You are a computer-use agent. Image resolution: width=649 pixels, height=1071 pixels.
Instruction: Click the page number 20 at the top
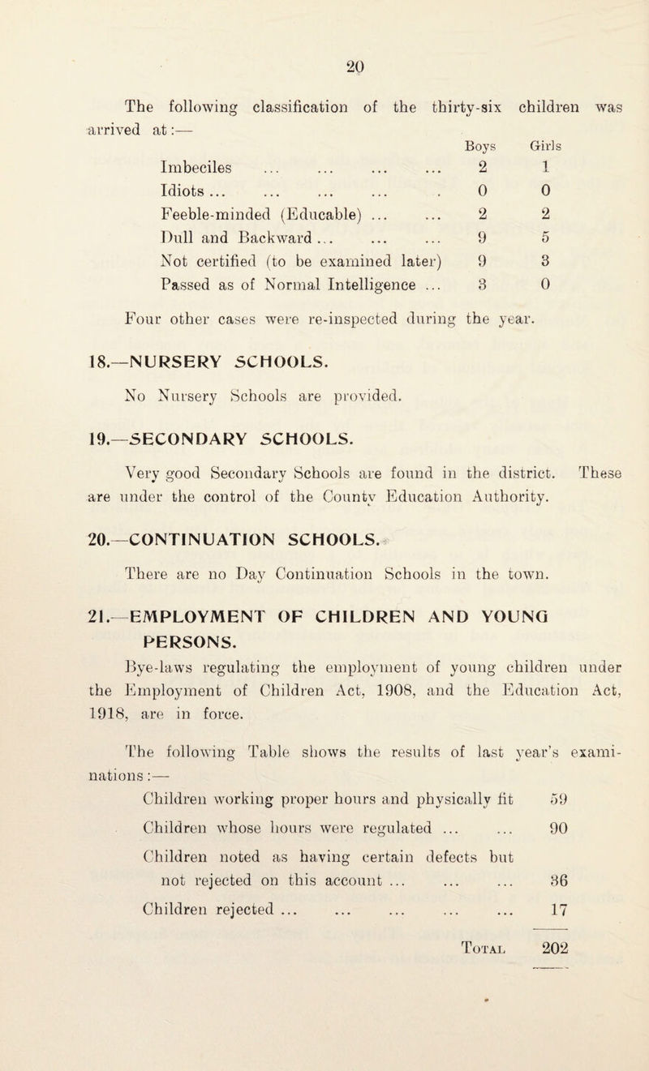328,22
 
